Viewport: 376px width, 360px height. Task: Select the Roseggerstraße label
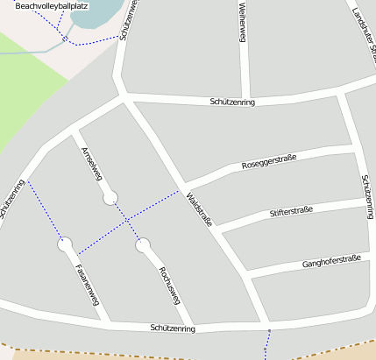point(268,161)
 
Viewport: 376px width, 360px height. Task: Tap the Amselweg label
point(90,161)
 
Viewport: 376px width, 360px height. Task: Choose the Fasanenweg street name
point(88,285)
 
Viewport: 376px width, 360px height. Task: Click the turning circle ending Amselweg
point(110,199)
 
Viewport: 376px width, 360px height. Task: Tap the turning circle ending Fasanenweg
point(66,245)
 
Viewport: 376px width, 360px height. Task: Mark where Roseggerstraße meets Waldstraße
point(185,187)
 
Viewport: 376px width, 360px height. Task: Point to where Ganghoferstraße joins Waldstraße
point(246,276)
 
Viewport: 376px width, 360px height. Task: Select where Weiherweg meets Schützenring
point(245,98)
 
